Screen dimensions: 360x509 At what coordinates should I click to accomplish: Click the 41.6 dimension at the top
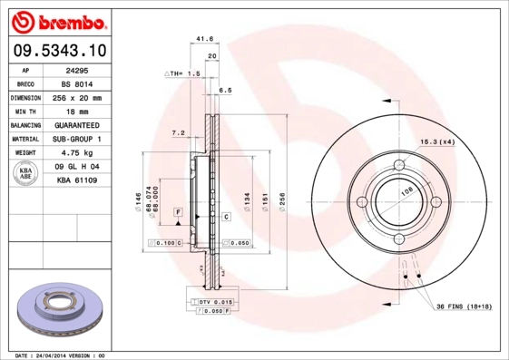(204, 39)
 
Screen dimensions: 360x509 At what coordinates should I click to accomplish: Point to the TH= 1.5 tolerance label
(184, 73)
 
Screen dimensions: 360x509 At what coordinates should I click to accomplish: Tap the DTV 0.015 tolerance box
(216, 300)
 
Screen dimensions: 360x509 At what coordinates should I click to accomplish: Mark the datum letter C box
(225, 217)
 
